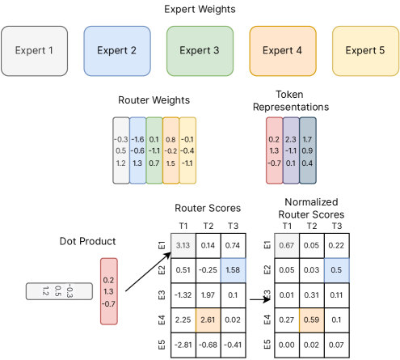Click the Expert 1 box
34,51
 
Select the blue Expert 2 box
117,51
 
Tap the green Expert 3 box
200,51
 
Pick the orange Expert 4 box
283,51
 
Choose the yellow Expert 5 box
365,51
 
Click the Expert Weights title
200,10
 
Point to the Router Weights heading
154,100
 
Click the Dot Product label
87,241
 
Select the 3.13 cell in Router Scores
183,246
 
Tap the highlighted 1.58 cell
233,270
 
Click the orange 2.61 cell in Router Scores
208,320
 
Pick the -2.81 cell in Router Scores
183,345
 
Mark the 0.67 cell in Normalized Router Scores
287,246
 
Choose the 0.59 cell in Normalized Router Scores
311,320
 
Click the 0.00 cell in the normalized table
287,345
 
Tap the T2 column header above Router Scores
208,226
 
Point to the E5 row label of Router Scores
162,345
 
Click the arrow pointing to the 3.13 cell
148,272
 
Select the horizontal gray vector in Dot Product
59,291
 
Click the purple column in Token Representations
291,150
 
